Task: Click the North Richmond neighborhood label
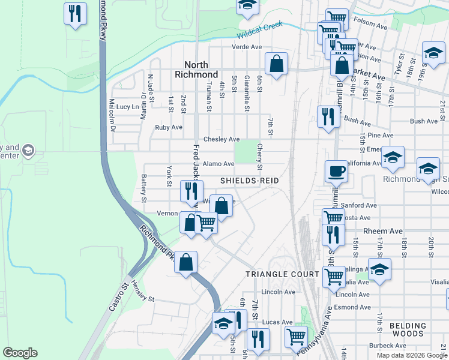click(x=196, y=70)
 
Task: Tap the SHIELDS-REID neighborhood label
click(x=245, y=181)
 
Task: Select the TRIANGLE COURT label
click(x=282, y=274)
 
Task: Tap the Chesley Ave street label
click(x=221, y=139)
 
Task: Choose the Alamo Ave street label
click(x=218, y=164)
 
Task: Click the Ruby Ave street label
click(x=169, y=128)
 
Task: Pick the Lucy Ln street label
click(x=127, y=107)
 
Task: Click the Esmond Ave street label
click(x=354, y=307)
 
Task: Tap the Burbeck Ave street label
click(x=387, y=346)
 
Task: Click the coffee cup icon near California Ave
click(x=336, y=171)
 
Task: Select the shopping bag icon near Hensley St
click(x=186, y=262)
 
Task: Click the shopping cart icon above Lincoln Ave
click(x=334, y=277)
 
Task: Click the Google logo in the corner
click(x=20, y=353)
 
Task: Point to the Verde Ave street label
click(x=247, y=47)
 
